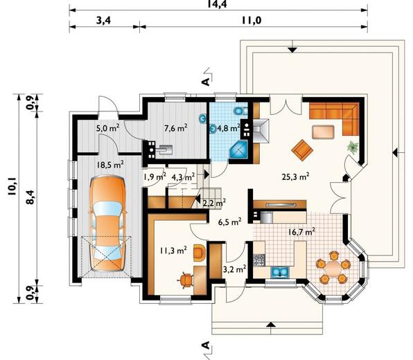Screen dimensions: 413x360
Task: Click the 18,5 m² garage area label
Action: (x=110, y=165)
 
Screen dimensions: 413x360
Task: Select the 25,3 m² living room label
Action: (x=295, y=177)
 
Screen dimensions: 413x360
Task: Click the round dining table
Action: (x=333, y=268)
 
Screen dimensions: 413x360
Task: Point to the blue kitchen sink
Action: (x=280, y=272)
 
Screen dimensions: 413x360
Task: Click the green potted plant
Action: (x=352, y=147)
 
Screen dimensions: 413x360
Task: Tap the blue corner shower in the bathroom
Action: (x=239, y=150)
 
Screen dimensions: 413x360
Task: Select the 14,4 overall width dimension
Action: (x=218, y=3)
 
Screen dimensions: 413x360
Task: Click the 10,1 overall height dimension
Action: (x=12, y=186)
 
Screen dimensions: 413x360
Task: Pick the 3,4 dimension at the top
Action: (x=103, y=20)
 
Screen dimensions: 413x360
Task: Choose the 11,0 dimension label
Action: (x=252, y=20)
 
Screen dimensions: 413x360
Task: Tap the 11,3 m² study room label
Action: (x=173, y=250)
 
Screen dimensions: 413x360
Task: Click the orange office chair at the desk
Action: (x=186, y=280)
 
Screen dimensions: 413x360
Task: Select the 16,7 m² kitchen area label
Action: (x=301, y=232)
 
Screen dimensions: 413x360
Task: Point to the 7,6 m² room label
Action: (x=176, y=128)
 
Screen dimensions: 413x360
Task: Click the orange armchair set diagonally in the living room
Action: (x=302, y=150)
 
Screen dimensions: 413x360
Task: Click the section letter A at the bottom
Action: (x=206, y=345)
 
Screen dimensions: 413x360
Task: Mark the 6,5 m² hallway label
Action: (x=229, y=222)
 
